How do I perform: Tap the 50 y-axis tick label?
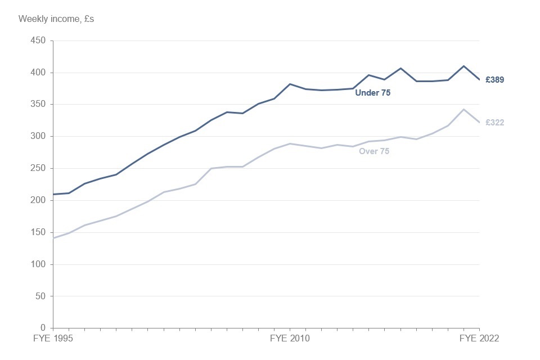[x=39, y=296]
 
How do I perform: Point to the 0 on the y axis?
[x=42, y=328]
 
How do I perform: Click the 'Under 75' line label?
[x=372, y=93]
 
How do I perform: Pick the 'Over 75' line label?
[x=374, y=151]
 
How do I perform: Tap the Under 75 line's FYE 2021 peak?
[x=463, y=66]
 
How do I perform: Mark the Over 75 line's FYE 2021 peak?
[x=463, y=109]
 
